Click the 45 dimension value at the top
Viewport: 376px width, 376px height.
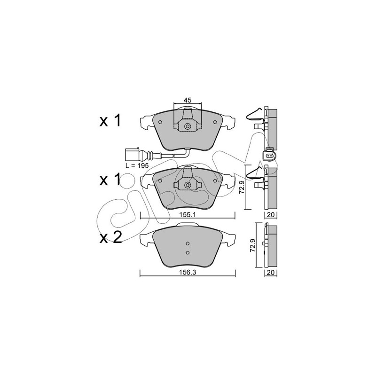[x=187, y=100]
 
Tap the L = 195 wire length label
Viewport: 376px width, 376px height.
[x=137, y=165]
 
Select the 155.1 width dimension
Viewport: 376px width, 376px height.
[x=188, y=215]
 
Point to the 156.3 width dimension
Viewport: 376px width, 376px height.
[x=188, y=272]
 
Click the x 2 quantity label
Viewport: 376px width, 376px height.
[x=111, y=237]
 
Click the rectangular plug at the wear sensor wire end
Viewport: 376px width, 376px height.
[x=132, y=153]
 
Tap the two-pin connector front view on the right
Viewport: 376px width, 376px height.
[x=269, y=157]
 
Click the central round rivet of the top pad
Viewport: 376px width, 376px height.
[x=188, y=127]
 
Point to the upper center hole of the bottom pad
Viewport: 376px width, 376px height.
[x=188, y=243]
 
